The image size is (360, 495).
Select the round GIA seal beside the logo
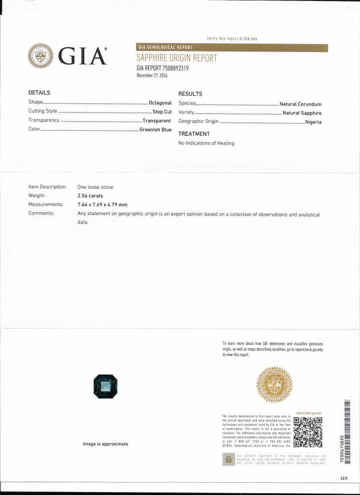[x=41, y=55]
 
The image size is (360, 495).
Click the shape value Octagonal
[x=160, y=103]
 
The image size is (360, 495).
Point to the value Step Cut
[x=162, y=111]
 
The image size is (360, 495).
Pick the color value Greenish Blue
[x=155, y=130]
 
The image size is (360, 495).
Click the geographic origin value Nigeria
[x=313, y=122]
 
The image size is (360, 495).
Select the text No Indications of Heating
[x=206, y=143]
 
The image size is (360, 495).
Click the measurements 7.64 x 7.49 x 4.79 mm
[x=102, y=205]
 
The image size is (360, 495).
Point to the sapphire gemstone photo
[x=105, y=386]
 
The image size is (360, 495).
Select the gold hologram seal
[x=274, y=385]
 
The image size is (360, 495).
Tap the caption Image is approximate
[x=105, y=444]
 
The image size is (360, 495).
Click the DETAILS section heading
[x=39, y=93]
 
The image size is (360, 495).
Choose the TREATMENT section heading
[x=194, y=134]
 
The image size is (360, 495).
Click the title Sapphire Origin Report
[x=177, y=58]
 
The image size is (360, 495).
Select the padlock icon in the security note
[x=228, y=459]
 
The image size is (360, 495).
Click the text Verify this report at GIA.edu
[x=232, y=39]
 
